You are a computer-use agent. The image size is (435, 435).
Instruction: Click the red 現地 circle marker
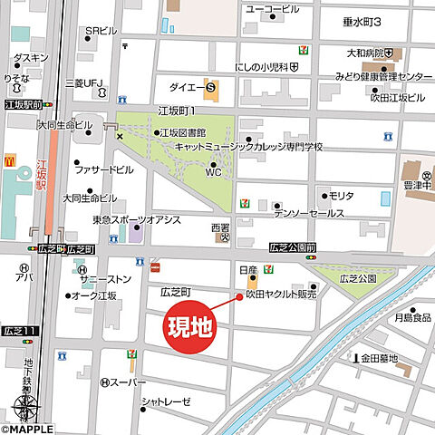point(190,326)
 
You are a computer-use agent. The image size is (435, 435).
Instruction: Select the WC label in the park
point(213,170)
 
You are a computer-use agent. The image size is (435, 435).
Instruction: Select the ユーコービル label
point(273,9)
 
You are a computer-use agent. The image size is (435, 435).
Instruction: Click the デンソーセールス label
point(309,213)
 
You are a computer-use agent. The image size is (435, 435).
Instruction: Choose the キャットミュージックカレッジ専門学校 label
point(263,145)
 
